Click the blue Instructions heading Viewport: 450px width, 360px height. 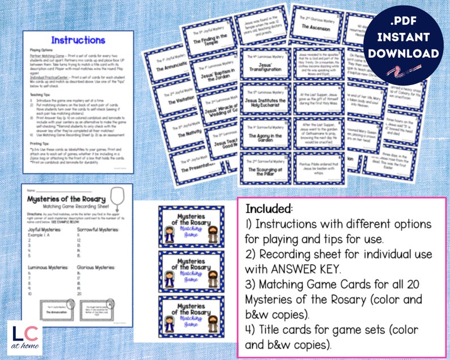(x=78, y=40)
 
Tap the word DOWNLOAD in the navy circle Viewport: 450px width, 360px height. (x=406, y=54)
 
